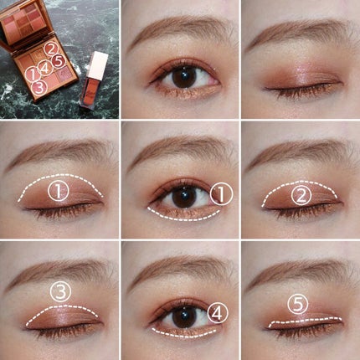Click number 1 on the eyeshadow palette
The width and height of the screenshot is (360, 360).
point(33,75)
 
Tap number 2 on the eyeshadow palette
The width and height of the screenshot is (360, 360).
point(52,49)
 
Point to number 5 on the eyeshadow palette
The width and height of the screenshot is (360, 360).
point(58,60)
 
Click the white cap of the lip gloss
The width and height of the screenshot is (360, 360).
point(100,65)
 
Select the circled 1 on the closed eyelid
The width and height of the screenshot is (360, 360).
point(57,192)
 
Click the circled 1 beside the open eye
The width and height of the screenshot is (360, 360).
point(219,195)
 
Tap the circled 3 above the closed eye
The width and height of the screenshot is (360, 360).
point(59,291)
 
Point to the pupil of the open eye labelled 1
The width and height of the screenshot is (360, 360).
point(183,198)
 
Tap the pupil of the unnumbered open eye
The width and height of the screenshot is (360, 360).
point(183,77)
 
